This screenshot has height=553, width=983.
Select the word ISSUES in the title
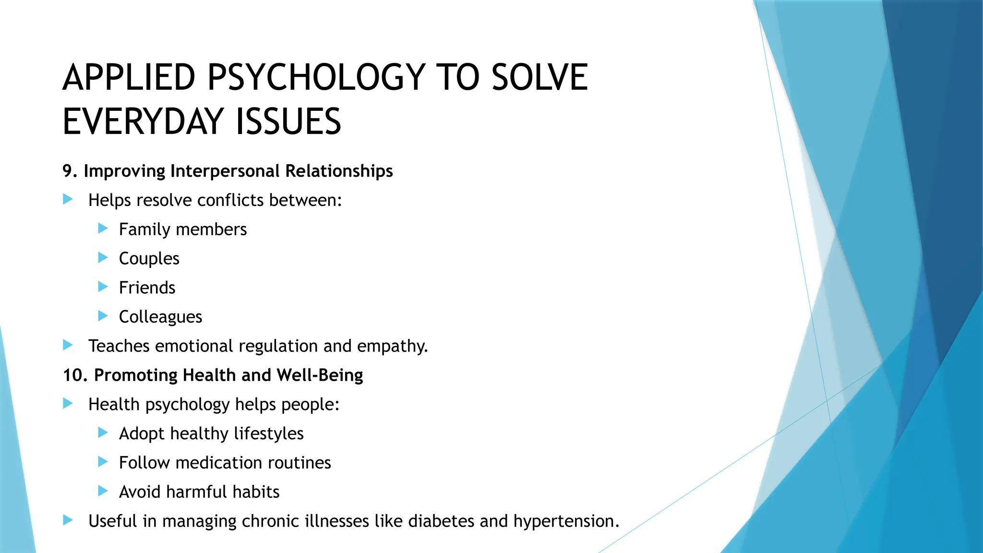point(288,122)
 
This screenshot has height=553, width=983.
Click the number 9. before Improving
point(70,171)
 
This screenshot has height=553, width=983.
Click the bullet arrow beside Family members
point(103,228)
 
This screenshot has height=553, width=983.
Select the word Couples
point(149,259)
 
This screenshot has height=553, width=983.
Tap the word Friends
point(147,288)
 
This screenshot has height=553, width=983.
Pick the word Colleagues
point(160,317)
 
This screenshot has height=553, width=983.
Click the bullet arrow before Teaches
point(68,345)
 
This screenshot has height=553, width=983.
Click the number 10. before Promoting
point(75,375)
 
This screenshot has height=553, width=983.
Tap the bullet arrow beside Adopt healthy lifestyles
point(103,433)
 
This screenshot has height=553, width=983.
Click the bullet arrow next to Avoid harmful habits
point(103,491)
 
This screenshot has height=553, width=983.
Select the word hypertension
point(566,522)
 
